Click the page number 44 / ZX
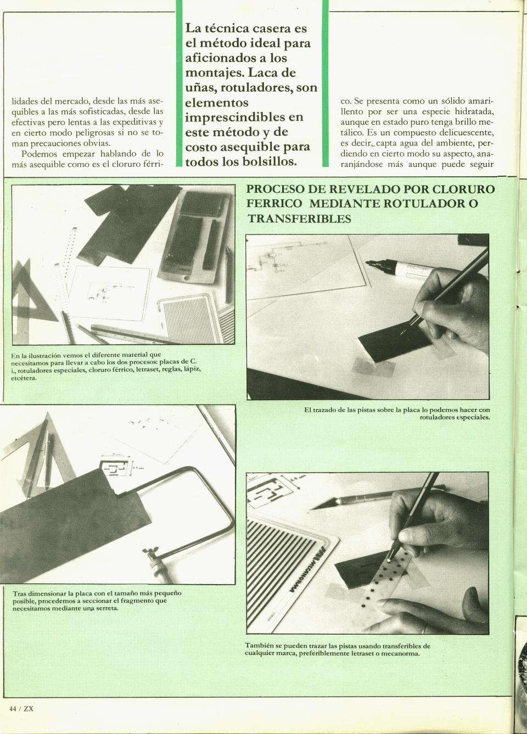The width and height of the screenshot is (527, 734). click(21, 709)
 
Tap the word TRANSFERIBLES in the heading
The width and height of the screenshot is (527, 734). click(299, 218)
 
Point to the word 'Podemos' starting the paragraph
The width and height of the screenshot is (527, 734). click(47, 154)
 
